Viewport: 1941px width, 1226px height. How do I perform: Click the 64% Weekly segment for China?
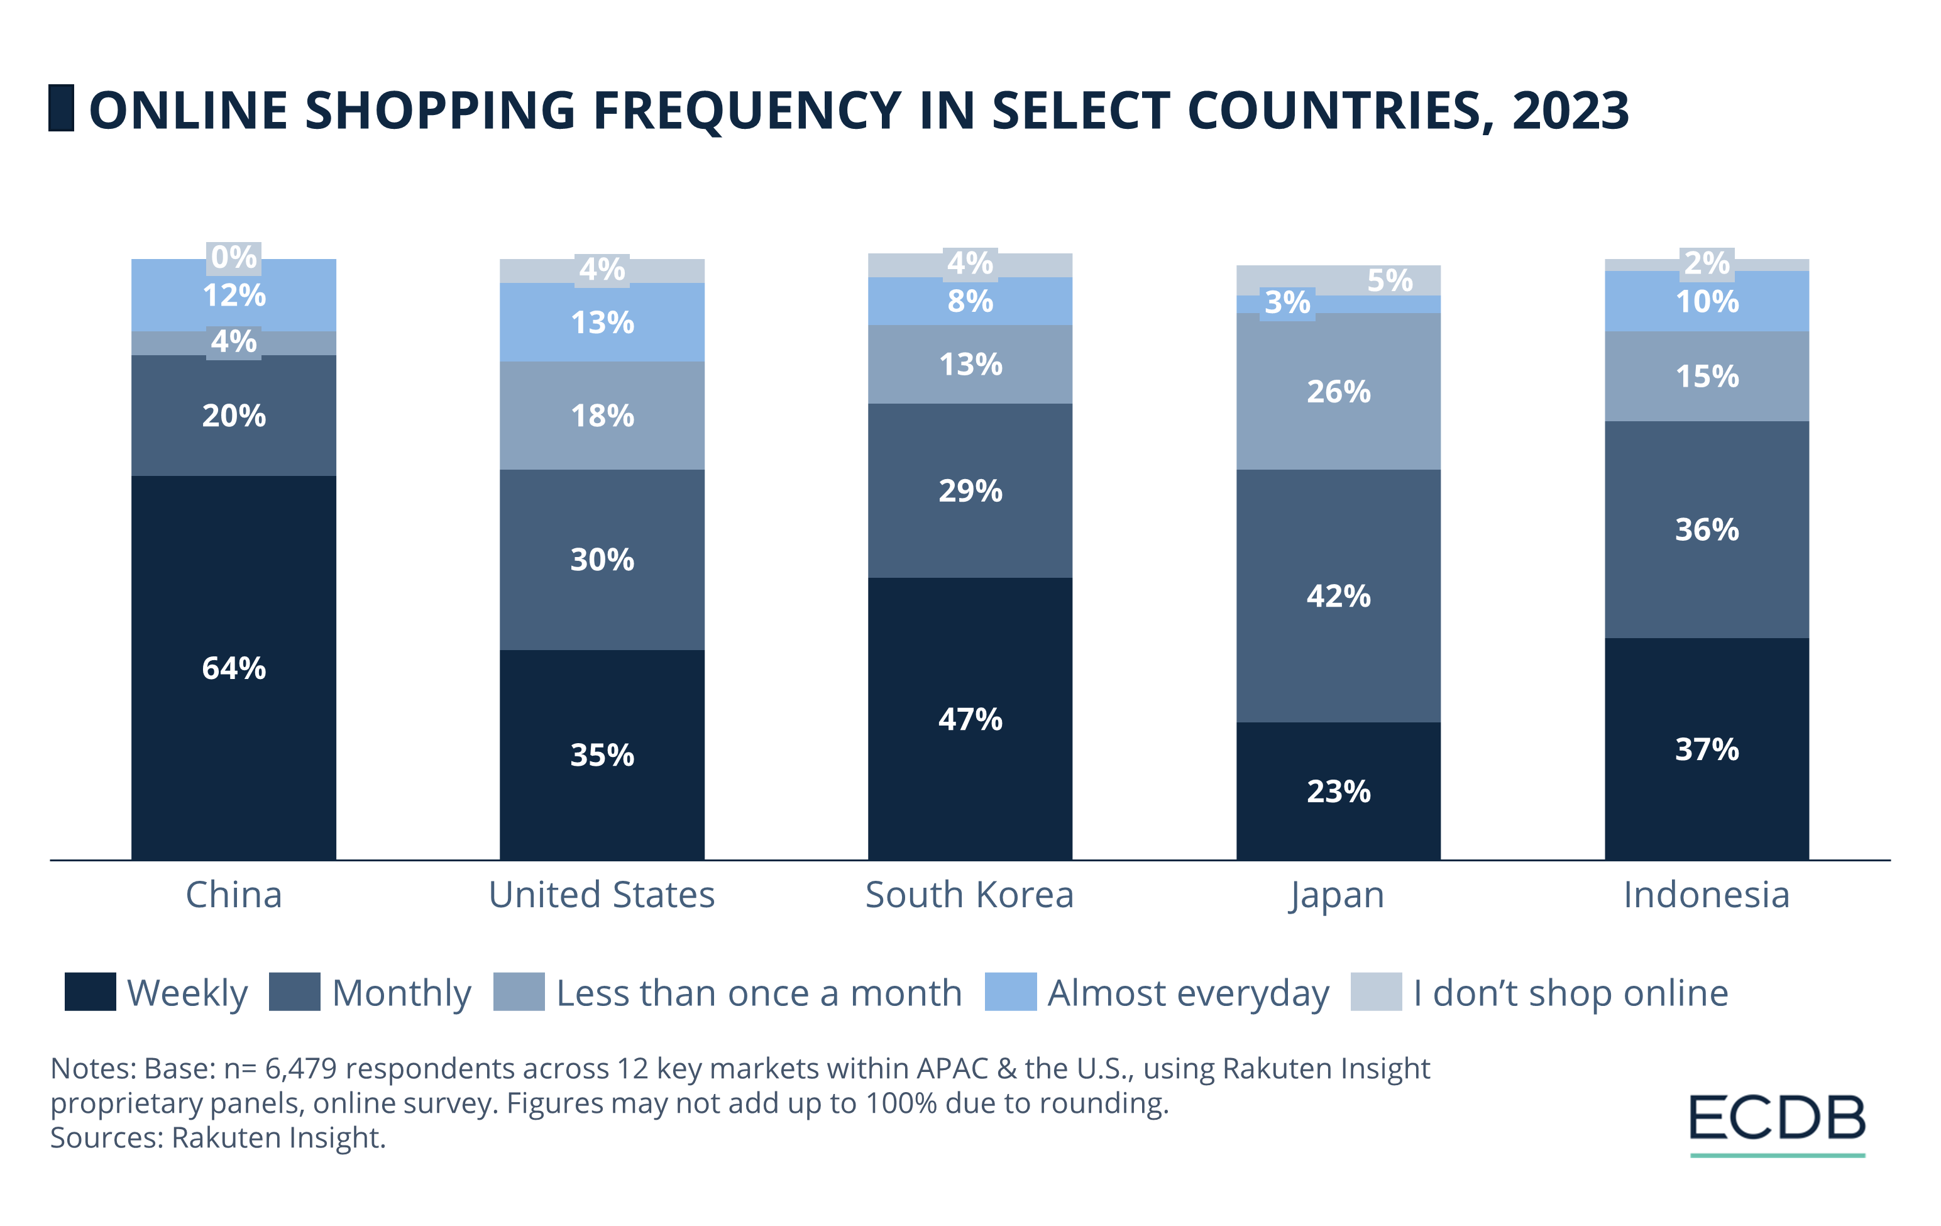click(x=234, y=668)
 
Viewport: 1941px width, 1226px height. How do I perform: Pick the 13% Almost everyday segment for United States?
click(x=602, y=323)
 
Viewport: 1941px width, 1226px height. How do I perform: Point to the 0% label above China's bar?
click(x=234, y=257)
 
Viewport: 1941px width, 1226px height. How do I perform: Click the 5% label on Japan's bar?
click(x=1390, y=280)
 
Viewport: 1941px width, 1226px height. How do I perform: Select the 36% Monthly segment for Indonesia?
click(x=1707, y=529)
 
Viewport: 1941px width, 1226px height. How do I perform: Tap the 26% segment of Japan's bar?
click(x=1338, y=392)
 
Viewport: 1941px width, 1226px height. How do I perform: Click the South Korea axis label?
click(x=970, y=895)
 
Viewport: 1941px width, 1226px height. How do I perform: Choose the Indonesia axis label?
click(x=1707, y=895)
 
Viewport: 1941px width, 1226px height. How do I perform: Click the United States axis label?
click(x=602, y=895)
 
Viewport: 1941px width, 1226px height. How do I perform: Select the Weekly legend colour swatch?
click(x=91, y=991)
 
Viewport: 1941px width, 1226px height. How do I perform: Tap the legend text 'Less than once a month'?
click(x=759, y=993)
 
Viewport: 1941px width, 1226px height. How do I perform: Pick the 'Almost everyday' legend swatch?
click(x=1010, y=991)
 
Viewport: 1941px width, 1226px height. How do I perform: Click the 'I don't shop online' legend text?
click(x=1570, y=993)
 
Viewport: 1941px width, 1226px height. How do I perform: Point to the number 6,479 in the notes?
click(x=300, y=1068)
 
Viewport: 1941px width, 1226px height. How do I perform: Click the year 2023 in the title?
click(x=1570, y=111)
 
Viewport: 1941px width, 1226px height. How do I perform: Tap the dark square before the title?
click(x=61, y=108)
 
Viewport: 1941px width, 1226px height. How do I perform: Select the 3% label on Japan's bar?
click(x=1287, y=303)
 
